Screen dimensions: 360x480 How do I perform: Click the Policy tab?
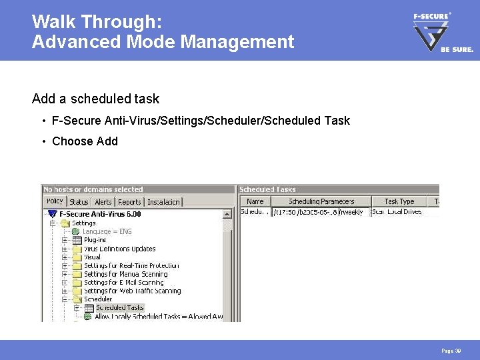[x=55, y=201]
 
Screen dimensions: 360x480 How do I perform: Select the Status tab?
[x=79, y=201]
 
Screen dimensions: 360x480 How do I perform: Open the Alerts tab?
[x=103, y=201]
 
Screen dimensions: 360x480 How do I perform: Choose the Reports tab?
[x=129, y=201]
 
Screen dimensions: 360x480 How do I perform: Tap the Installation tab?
[x=163, y=201]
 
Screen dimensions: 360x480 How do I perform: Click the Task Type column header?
[x=399, y=201]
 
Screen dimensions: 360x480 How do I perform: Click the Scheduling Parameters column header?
[x=321, y=201]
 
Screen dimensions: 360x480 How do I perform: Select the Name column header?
[x=255, y=201]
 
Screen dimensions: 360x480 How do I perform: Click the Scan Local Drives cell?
[x=397, y=212]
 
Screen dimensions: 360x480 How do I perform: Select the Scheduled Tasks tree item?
[x=119, y=308]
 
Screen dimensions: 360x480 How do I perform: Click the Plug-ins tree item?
[x=95, y=240]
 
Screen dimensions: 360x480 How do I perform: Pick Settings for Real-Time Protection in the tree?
[x=131, y=265]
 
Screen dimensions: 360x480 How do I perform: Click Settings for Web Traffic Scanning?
[x=132, y=291]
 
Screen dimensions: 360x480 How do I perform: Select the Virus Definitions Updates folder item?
[x=120, y=249]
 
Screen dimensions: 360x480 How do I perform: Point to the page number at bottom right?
[x=451, y=350]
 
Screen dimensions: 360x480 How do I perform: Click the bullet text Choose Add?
[x=85, y=141]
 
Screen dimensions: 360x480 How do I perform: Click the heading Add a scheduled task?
[x=95, y=99]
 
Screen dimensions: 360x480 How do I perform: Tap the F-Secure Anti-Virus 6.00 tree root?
[x=100, y=214]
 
